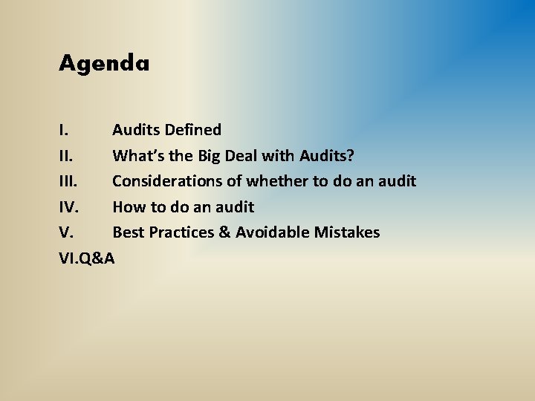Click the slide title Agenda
(x=104, y=64)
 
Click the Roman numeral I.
(x=63, y=130)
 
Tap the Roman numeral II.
(x=65, y=156)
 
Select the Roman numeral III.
(x=68, y=181)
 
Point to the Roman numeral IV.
(x=68, y=207)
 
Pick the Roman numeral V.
(x=65, y=232)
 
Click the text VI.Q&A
(x=87, y=258)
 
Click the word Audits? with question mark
(x=327, y=156)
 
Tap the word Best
(x=129, y=232)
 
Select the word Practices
(x=181, y=232)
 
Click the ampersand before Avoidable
(x=224, y=232)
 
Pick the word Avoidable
(x=272, y=232)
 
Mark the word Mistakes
(x=346, y=232)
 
